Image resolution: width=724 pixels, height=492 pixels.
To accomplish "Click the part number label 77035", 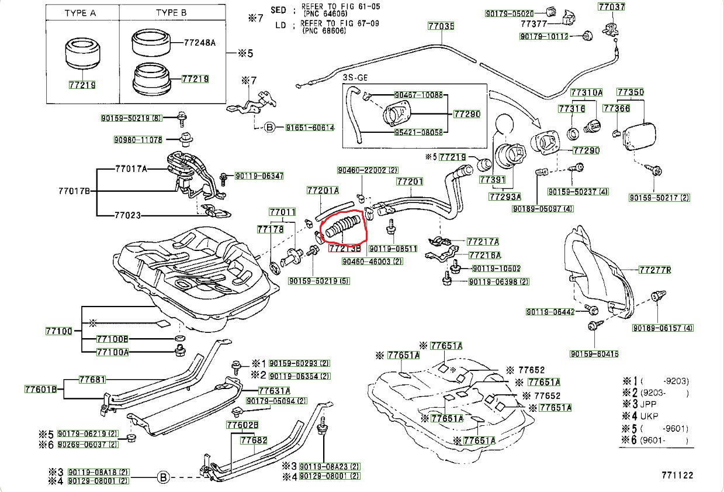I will coord(441,26).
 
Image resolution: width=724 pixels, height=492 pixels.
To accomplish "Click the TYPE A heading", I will coord(81,12).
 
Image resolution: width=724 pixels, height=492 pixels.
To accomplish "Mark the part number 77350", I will coord(631,92).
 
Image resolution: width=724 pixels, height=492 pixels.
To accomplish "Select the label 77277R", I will coord(654,270).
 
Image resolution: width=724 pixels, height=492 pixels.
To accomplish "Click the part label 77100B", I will coord(112,339).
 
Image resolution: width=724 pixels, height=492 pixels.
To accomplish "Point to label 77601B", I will coord(41,389).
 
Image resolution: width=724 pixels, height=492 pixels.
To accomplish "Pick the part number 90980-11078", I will coord(138,140).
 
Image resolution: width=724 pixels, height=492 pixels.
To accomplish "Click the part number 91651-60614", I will coord(310,128).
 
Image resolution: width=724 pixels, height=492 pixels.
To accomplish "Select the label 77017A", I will coord(131,169).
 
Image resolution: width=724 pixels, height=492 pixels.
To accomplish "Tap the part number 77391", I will coord(491,180).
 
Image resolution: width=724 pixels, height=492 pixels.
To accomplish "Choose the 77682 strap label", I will coord(254,440).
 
